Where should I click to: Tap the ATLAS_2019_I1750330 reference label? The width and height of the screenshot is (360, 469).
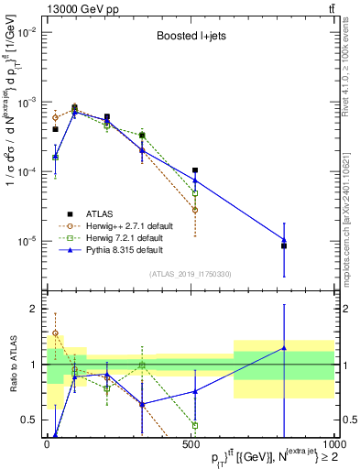(x=190, y=274)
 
